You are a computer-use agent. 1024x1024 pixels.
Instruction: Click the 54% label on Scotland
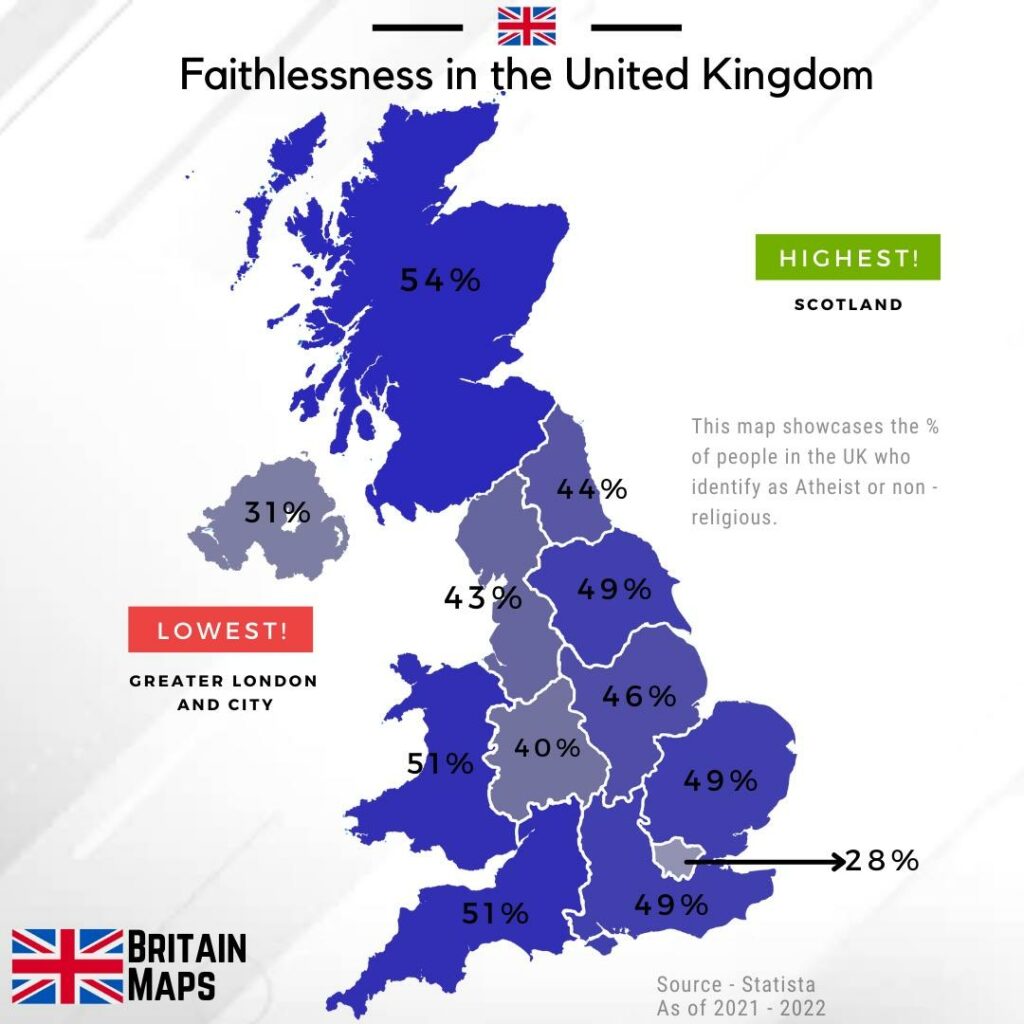pos(440,281)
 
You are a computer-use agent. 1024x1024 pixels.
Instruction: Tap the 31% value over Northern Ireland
pos(278,514)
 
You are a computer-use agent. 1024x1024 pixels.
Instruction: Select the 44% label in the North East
pos(591,489)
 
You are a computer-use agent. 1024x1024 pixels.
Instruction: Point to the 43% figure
pos(483,598)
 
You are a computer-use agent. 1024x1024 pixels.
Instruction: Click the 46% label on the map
pos(639,696)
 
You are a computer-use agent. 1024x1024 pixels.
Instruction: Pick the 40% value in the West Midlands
pos(547,748)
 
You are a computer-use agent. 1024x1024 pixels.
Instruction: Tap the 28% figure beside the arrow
pos(881,860)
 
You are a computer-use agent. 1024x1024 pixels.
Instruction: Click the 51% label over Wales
pos(440,764)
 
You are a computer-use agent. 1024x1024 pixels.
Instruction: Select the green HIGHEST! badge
pos(848,257)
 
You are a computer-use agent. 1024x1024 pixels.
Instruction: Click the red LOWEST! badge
pos(221,630)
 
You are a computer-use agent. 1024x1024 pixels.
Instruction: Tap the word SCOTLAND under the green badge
pos(848,305)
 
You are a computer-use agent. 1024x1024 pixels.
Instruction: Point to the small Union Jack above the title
pos(526,26)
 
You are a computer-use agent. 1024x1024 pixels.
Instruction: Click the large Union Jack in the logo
pos(67,965)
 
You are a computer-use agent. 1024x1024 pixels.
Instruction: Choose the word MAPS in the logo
pos(173,985)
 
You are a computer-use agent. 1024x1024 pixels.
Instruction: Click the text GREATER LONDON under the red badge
pos(223,681)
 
